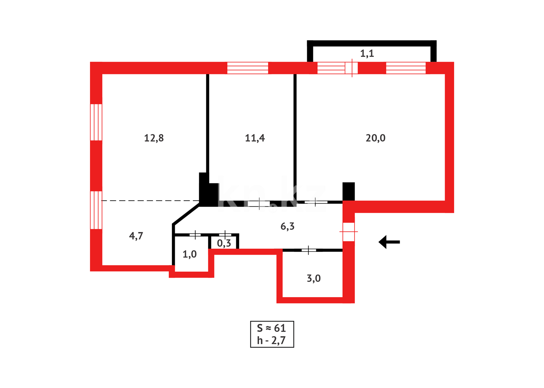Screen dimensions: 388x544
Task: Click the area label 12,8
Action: pyautogui.click(x=154, y=138)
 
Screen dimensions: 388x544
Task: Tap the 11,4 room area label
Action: pyautogui.click(x=255, y=138)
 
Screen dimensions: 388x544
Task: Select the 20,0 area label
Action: pyautogui.click(x=375, y=138)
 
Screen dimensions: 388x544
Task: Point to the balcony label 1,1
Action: pyautogui.click(x=367, y=54)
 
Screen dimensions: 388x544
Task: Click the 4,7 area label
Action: pyautogui.click(x=136, y=236)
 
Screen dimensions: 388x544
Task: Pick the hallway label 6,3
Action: pyautogui.click(x=287, y=226)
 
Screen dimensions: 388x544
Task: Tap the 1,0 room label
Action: pyautogui.click(x=189, y=254)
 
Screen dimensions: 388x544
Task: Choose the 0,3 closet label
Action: pyautogui.click(x=224, y=244)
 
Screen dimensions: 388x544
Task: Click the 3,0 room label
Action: pyautogui.click(x=314, y=278)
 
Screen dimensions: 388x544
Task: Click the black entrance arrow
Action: pyautogui.click(x=389, y=242)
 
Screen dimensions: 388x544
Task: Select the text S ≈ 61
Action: pyautogui.click(x=271, y=328)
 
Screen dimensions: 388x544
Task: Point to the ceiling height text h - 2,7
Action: pyautogui.click(x=271, y=340)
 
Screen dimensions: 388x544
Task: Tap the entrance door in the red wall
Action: pyautogui.click(x=348, y=232)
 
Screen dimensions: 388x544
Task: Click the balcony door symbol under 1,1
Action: pyautogui.click(x=352, y=68)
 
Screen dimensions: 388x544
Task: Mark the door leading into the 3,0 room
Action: pyautogui.click(x=309, y=250)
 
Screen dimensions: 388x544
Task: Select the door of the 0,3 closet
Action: pyautogui.click(x=225, y=235)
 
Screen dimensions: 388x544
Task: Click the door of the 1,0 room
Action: pyautogui.click(x=195, y=235)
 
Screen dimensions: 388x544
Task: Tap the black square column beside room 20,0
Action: pyautogui.click(x=348, y=191)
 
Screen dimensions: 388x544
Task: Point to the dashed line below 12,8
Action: pyautogui.click(x=151, y=200)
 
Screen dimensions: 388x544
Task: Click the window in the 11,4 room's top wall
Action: pyautogui.click(x=248, y=68)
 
